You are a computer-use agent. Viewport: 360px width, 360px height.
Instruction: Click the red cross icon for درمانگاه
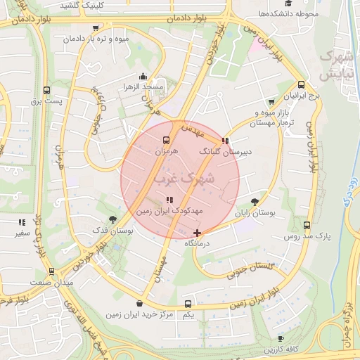pos(197,233)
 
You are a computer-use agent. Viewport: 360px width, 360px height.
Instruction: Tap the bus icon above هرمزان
pos(166,140)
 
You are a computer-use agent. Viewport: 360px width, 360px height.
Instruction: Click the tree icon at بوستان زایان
pos(264,200)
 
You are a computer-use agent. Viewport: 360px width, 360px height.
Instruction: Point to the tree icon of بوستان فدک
pos(112,220)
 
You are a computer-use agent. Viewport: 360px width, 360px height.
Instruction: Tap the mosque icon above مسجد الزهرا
pos(143,76)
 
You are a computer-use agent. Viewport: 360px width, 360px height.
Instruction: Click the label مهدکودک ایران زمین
pos(168,210)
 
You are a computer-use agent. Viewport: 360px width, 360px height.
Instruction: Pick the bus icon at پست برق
pos(47,91)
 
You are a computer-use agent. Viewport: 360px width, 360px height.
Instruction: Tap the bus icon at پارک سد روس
pos(307,225)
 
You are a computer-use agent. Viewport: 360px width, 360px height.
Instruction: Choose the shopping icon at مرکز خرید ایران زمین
pos(139,304)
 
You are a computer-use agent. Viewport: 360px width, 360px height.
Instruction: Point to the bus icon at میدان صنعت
pos(51,271)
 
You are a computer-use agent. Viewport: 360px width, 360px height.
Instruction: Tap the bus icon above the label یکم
pos(187,304)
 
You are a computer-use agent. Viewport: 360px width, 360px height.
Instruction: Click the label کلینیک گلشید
pos(112,5)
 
